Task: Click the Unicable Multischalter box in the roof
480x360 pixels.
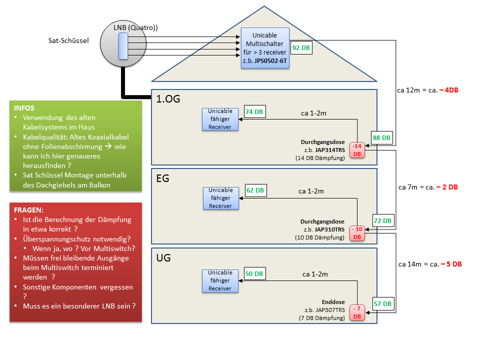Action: point(265,48)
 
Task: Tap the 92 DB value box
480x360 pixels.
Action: point(301,48)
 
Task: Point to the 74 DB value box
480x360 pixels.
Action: point(255,112)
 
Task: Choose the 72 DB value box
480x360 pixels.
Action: point(383,220)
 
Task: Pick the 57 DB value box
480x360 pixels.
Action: point(383,303)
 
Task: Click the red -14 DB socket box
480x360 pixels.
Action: point(357,149)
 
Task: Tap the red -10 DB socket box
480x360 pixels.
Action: point(357,232)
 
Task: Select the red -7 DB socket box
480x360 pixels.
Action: point(357,312)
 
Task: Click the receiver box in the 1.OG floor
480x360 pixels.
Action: point(220,119)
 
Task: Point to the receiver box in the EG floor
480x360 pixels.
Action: point(220,198)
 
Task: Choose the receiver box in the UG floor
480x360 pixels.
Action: point(220,280)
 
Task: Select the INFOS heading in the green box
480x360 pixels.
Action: point(25,108)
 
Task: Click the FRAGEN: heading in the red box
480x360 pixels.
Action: point(29,210)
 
